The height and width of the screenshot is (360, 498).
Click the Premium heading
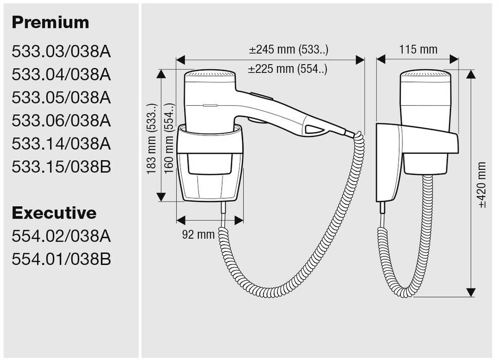tap(50, 22)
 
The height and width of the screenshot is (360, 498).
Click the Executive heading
tap(54, 213)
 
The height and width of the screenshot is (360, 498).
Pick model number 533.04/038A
tap(61, 74)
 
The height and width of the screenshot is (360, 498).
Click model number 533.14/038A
tap(61, 144)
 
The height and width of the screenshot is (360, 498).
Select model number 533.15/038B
tap(61, 167)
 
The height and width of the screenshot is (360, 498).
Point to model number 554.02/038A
tap(61, 236)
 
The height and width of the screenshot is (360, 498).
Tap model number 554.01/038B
tap(61, 259)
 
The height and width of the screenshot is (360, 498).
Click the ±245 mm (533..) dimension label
tap(288, 50)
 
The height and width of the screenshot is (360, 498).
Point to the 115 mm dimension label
tap(418, 50)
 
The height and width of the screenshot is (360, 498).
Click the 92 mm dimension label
tap(199, 234)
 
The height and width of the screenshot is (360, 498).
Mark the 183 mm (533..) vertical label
tap(151, 139)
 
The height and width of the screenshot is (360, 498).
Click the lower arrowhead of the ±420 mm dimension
tap(471, 292)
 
